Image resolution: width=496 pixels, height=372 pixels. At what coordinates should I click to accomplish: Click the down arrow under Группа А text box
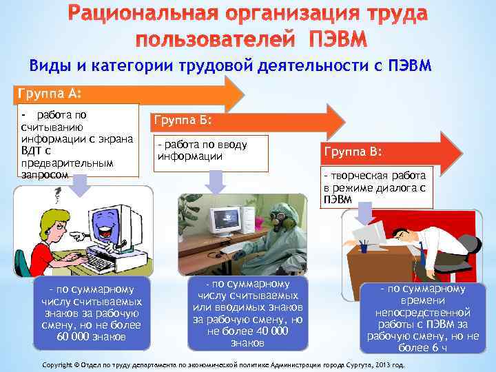[80, 184]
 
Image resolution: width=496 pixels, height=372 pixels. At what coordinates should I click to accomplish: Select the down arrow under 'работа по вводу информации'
[216, 181]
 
